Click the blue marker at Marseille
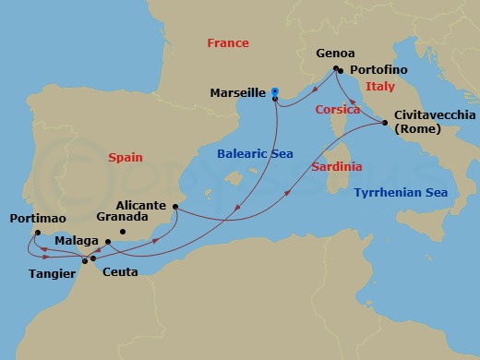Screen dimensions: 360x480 [x=275, y=91]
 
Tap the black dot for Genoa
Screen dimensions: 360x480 [x=336, y=67]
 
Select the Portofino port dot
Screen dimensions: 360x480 [x=341, y=71]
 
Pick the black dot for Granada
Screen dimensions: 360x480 [x=122, y=232]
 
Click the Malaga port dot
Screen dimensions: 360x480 [x=108, y=242]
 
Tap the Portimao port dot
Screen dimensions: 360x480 [x=37, y=233]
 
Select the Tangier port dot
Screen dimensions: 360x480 [x=85, y=260]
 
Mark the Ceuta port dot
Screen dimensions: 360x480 [x=92, y=258]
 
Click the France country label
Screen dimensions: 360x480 [x=227, y=43]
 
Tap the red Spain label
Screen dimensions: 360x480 [x=124, y=158]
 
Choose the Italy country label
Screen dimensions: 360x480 [x=379, y=86]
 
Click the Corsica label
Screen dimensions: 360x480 [x=337, y=109]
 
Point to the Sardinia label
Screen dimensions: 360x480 [x=336, y=167]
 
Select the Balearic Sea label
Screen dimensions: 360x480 [x=252, y=154]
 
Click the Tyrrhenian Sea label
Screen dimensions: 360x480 [x=398, y=192]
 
